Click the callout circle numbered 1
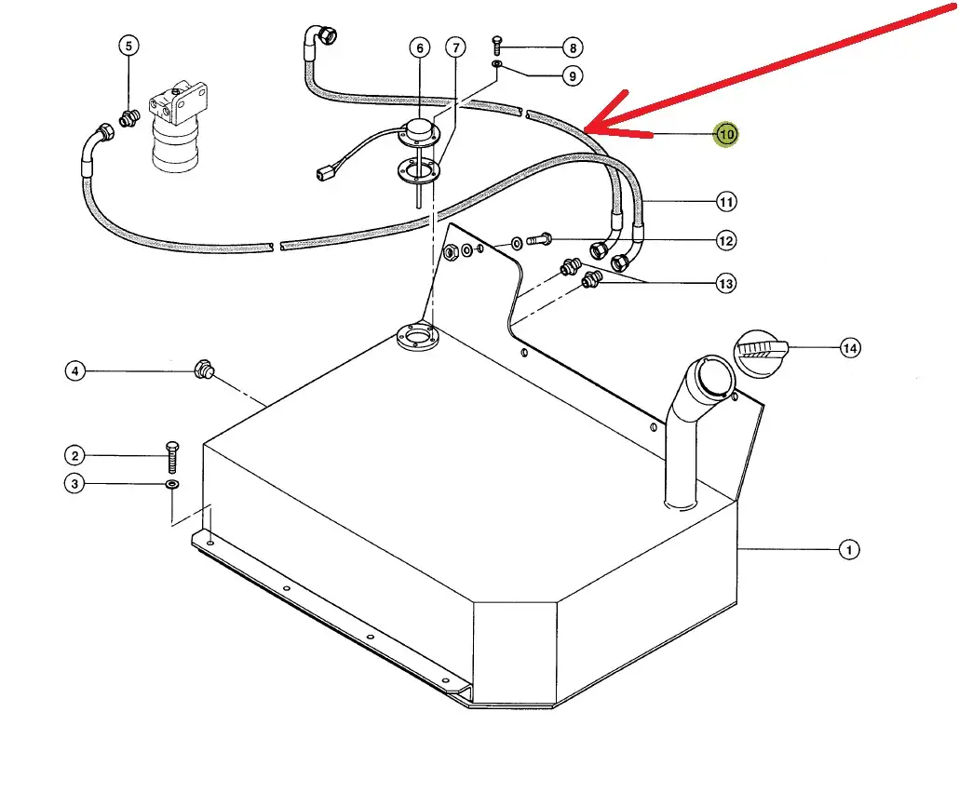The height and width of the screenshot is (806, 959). [848, 550]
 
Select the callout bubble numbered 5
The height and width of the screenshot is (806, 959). [128, 46]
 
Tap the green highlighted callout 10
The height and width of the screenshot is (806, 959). [726, 135]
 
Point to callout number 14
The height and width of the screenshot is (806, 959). [850, 349]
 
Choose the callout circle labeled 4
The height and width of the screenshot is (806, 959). [75, 371]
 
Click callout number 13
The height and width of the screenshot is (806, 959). [726, 284]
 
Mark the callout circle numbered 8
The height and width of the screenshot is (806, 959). [573, 47]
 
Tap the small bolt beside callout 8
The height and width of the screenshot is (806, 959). [496, 46]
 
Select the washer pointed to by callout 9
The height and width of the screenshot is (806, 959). [496, 63]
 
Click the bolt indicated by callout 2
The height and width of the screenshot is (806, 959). [172, 457]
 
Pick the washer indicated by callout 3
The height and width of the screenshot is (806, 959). [172, 485]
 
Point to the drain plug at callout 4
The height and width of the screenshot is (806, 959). [204, 370]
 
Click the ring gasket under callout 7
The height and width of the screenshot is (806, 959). [418, 168]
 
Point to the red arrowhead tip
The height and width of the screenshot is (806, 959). [585, 130]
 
